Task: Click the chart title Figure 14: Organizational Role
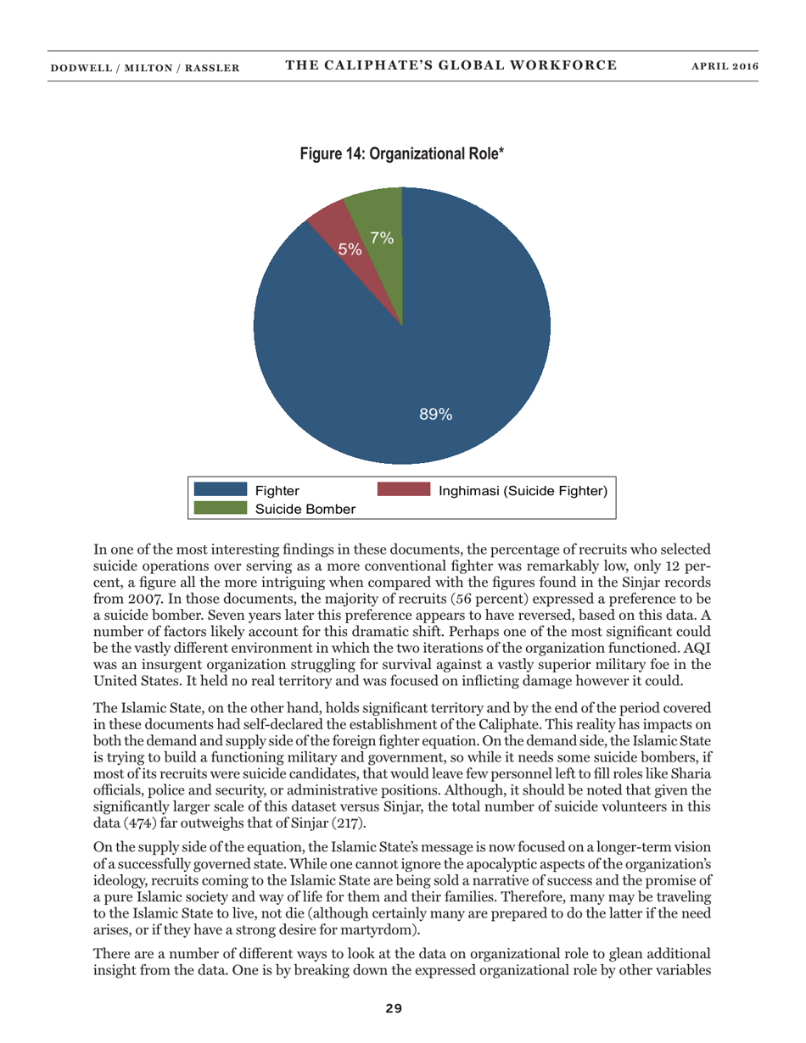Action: [401, 154]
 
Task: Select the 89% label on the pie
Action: [436, 415]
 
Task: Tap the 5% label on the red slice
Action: [350, 249]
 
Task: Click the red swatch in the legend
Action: [404, 489]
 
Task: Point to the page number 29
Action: [394, 1007]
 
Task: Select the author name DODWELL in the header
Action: [81, 65]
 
